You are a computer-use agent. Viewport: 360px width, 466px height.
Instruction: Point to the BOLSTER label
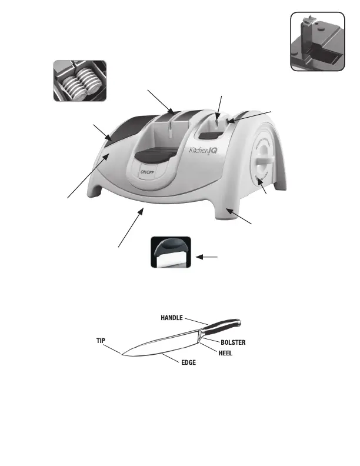[232, 342]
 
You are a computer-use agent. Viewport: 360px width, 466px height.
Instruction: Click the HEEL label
[227, 354]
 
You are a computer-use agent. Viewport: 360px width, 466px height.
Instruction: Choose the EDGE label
[188, 363]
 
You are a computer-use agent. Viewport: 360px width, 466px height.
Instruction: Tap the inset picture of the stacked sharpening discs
[78, 80]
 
